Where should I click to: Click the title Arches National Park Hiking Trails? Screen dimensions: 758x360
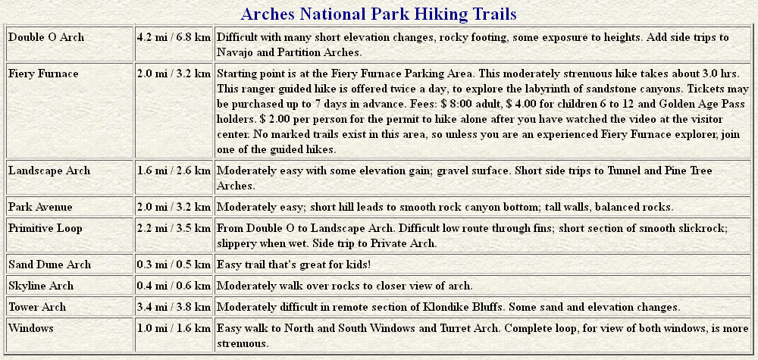(378, 14)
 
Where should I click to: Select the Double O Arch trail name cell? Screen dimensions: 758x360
(46, 37)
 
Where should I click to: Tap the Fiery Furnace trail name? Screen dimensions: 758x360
(43, 74)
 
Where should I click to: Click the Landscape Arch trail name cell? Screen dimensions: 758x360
(49, 171)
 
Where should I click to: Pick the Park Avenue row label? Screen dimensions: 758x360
(41, 207)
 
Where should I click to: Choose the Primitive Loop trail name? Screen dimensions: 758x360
(45, 228)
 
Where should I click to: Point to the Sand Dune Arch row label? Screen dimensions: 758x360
(50, 265)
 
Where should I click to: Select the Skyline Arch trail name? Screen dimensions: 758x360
(41, 286)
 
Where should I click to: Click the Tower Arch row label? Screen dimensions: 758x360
(37, 307)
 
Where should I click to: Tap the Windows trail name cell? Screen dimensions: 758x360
(31, 328)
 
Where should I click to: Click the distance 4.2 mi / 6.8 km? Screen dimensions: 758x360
(174, 37)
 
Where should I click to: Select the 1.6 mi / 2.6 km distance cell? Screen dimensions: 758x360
(174, 171)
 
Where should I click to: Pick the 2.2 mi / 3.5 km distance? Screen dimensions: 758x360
(174, 228)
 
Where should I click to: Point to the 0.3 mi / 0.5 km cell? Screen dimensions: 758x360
(174, 265)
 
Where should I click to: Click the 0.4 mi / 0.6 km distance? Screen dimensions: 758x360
(174, 286)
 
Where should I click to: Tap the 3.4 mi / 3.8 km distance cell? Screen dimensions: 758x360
(174, 307)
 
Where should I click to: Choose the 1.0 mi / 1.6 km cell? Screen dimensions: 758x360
(174, 328)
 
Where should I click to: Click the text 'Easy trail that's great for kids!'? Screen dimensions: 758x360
(294, 265)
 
